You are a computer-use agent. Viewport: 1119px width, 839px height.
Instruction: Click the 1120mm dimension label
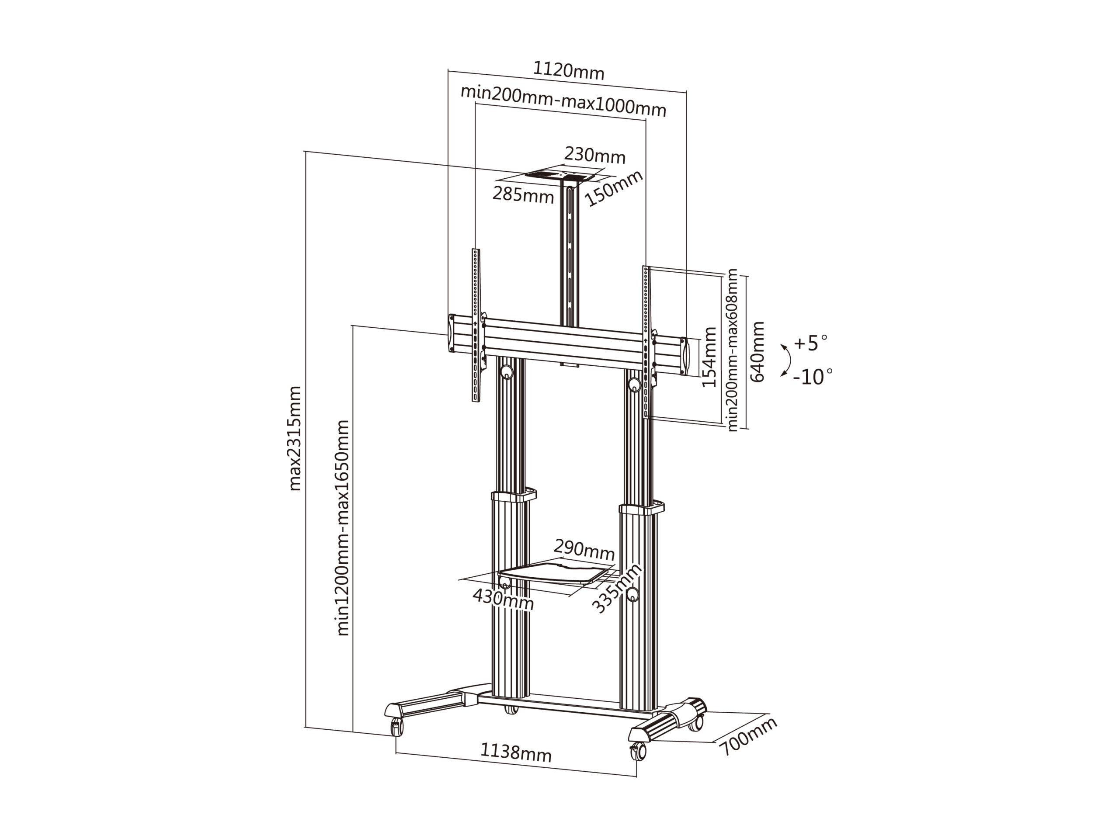pyautogui.click(x=569, y=71)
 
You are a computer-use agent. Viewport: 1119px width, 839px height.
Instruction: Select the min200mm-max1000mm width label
pyautogui.click(x=563, y=101)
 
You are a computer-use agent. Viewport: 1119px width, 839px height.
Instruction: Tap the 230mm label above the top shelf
pyautogui.click(x=595, y=155)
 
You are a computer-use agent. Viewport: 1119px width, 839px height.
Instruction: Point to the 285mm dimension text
pyautogui.click(x=523, y=195)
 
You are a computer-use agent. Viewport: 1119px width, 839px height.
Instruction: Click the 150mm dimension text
pyautogui.click(x=614, y=187)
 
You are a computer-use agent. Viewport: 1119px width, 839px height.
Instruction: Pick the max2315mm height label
pyautogui.click(x=295, y=438)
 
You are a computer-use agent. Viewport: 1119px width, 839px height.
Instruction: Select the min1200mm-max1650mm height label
pyautogui.click(x=343, y=528)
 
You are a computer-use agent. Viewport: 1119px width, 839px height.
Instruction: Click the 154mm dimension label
pyautogui.click(x=710, y=357)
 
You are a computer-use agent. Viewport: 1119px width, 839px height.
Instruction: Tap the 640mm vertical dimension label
pyautogui.click(x=758, y=352)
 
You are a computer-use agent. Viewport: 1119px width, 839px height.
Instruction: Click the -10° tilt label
pyautogui.click(x=813, y=377)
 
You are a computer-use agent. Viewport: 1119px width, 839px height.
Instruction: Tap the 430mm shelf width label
pyautogui.click(x=503, y=600)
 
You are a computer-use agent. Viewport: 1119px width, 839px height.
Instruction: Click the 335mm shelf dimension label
pyautogui.click(x=617, y=588)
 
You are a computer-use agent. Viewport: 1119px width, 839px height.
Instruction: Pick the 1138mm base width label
pyautogui.click(x=515, y=752)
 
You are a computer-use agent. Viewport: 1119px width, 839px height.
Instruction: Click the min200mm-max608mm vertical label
pyautogui.click(x=733, y=350)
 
